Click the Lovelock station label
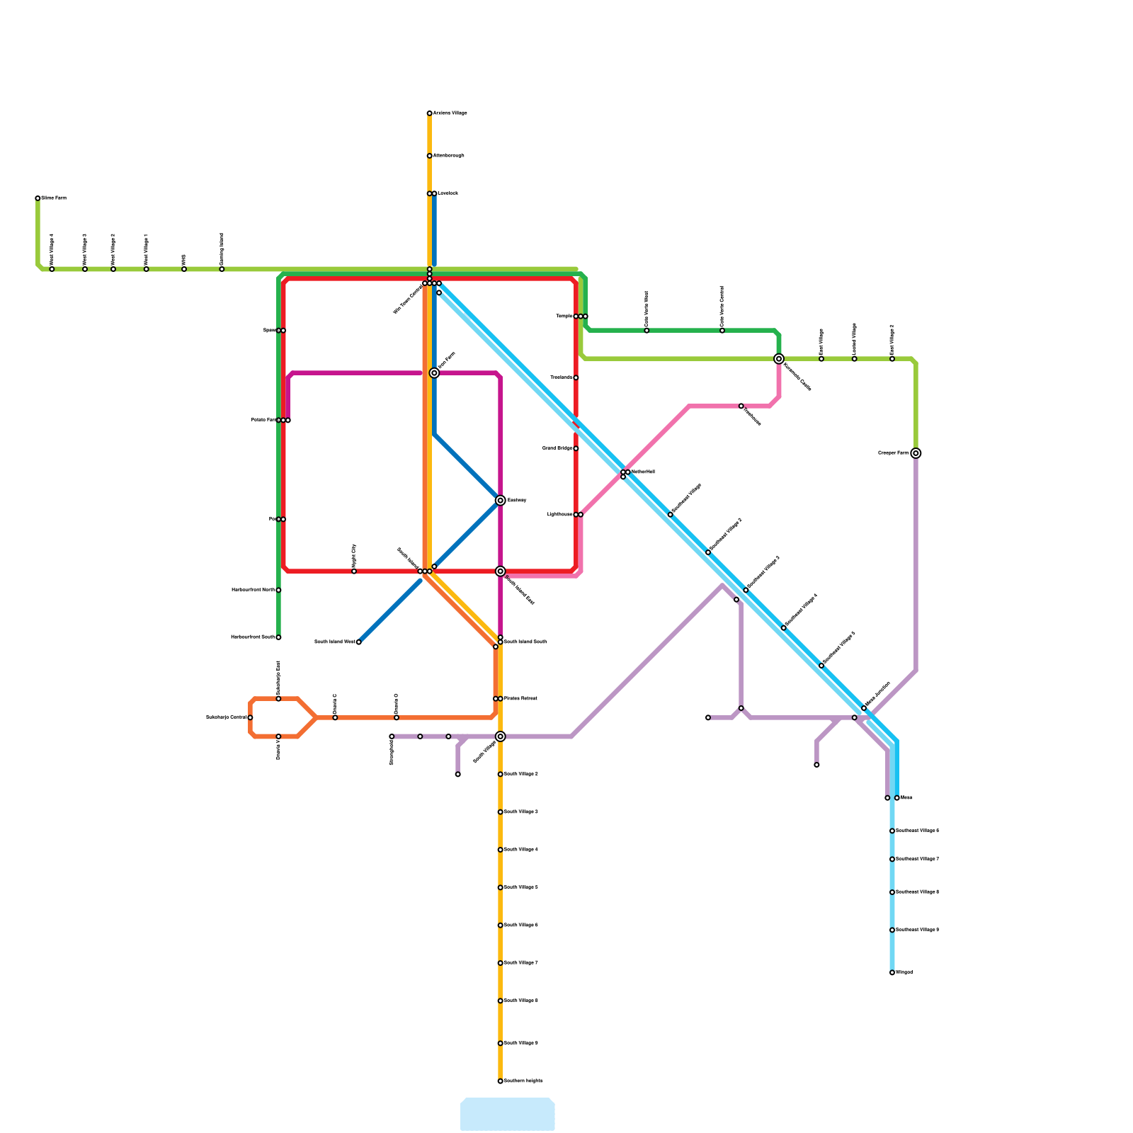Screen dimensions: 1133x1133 pos(448,193)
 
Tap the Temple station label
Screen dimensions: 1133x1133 pos(564,317)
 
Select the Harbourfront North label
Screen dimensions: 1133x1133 pos(253,590)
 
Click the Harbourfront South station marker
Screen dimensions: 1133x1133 pos(278,637)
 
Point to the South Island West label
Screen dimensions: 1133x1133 pos(335,642)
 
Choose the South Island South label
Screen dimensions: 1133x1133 pos(525,642)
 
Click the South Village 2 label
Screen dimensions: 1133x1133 pos(520,774)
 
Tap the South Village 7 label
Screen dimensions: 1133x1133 pos(520,963)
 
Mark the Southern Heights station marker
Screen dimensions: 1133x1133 pos(500,1081)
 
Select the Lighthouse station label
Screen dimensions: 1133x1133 pos(560,515)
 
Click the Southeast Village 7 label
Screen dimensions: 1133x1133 pos(917,859)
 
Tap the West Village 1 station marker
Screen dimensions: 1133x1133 pos(147,269)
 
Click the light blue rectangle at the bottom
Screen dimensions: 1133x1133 pos(507,1114)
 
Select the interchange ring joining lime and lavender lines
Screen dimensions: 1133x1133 pos(916,453)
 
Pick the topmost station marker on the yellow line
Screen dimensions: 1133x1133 pos(429,113)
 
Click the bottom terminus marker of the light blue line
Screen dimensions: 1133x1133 pos(892,973)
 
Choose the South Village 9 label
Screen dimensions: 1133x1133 pos(520,1043)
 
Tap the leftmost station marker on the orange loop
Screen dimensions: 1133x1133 pos(250,718)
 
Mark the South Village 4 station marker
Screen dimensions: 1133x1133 pos(500,850)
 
